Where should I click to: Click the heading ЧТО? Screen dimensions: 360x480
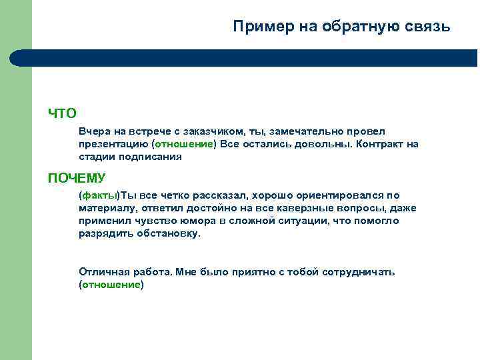point(62,113)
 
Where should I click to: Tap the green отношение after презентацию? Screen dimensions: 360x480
point(184,144)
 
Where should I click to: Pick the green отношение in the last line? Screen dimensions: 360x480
point(111,285)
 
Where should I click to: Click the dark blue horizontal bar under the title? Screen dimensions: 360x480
point(253,58)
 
